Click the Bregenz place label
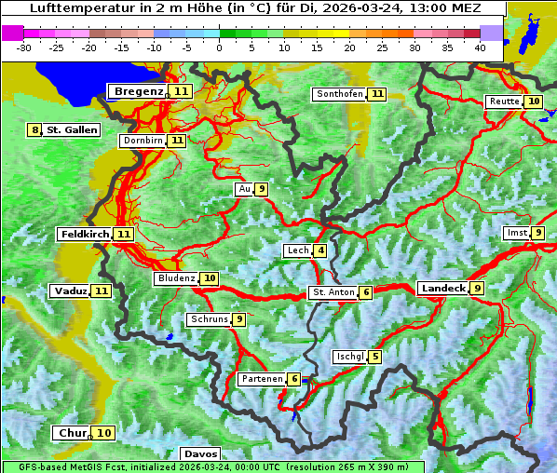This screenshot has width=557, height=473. (139, 91)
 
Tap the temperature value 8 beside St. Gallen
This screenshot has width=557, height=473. (35, 130)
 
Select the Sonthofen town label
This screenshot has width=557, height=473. (339, 94)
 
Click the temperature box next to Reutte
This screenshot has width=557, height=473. (533, 101)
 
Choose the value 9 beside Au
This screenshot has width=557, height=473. (262, 189)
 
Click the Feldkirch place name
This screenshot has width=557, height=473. (85, 234)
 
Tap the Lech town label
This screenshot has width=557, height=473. (297, 250)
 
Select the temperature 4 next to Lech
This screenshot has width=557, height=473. (320, 250)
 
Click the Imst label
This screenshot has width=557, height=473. (515, 233)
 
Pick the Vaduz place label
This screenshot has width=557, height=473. (70, 291)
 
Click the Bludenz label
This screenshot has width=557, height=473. (176, 278)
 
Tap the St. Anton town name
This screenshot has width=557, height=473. (333, 292)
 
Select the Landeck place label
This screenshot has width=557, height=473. (442, 289)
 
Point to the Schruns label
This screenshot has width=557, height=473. (209, 319)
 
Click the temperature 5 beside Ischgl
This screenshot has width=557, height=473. (374, 357)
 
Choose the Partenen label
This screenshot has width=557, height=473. (261, 379)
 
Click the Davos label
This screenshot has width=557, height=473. (200, 454)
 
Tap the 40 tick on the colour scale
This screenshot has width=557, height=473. (480, 47)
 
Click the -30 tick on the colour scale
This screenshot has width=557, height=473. (24, 47)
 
